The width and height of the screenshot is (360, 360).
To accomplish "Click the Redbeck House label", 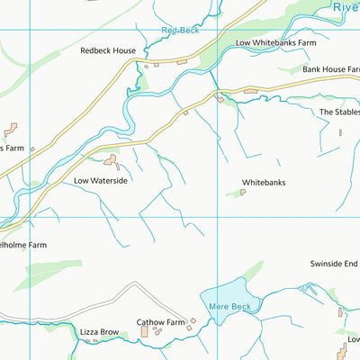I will pyautogui.click(x=108, y=51).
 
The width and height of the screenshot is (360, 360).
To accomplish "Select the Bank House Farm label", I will pyautogui.click(x=329, y=69).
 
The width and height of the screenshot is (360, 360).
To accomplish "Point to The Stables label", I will pyautogui.click(x=339, y=112).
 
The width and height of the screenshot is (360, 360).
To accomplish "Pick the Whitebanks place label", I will pyautogui.click(x=263, y=183).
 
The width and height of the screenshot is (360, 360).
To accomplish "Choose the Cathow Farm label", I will pyautogui.click(x=160, y=322).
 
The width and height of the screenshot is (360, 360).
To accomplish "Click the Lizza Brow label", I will pyautogui.click(x=98, y=332).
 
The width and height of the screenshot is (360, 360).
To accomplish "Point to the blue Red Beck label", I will pyautogui.click(x=179, y=31).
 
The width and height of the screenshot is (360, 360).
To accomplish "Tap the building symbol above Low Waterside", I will pyautogui.click(x=112, y=161).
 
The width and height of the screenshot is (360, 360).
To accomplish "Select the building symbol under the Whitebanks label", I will pyautogui.click(x=243, y=192).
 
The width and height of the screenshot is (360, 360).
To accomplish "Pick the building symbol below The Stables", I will pyautogui.click(x=340, y=132).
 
